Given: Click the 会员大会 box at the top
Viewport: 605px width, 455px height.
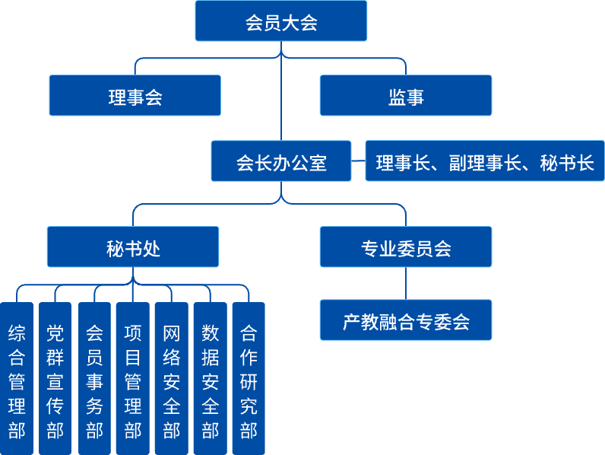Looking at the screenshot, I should [280, 21].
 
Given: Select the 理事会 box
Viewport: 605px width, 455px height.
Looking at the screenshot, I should [135, 96].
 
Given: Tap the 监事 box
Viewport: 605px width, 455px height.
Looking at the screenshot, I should [405, 96].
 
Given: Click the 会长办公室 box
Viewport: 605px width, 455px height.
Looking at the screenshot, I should [280, 161].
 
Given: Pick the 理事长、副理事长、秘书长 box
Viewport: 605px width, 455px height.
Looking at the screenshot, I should [484, 161].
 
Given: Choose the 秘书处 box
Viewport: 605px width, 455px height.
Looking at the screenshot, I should [133, 247].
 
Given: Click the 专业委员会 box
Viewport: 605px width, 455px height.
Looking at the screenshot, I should [405, 247].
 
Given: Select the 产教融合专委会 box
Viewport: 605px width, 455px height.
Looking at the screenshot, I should [405, 320].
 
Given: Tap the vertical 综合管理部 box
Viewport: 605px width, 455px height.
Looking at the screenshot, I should [17, 378].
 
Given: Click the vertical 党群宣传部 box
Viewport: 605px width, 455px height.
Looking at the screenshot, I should [55, 378].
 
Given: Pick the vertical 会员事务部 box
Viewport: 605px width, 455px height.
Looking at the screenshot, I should [94, 378].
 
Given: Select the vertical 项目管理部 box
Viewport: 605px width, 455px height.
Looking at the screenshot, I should [133, 378].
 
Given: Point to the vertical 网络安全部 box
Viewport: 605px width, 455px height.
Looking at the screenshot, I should [172, 378].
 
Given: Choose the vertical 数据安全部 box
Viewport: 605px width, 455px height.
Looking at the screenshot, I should [211, 378].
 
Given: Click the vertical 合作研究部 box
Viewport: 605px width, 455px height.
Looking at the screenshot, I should [249, 378].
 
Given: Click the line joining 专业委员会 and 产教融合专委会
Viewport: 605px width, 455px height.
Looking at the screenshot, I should [405, 284].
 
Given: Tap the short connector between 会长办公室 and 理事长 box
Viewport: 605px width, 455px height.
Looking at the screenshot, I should [358, 161].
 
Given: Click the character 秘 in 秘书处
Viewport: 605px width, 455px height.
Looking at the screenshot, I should [116, 248].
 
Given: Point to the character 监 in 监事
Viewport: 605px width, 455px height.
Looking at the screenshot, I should [396, 97].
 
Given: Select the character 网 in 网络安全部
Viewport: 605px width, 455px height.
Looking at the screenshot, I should [172, 333].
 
